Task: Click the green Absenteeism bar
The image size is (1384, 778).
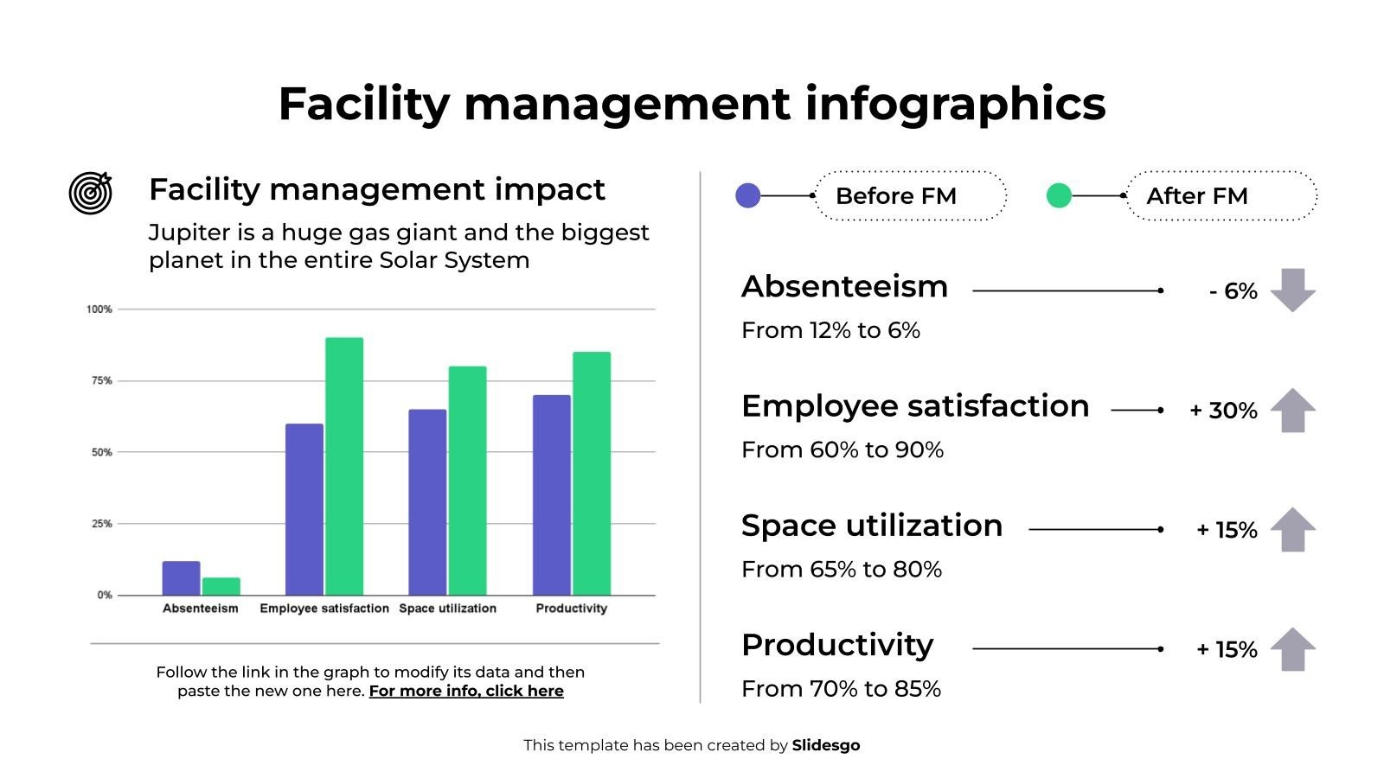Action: pyautogui.click(x=221, y=586)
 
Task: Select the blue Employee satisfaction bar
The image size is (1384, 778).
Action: pyautogui.click(x=304, y=509)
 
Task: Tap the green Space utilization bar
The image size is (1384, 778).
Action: pyautogui.click(x=467, y=481)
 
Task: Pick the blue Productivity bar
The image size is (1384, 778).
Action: pyautogui.click(x=551, y=494)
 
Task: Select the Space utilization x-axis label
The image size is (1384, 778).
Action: pyautogui.click(x=447, y=609)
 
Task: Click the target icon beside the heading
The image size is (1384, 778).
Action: pyautogui.click(x=91, y=193)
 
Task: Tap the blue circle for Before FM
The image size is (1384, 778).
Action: pyautogui.click(x=747, y=195)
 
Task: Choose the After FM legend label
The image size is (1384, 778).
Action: pyautogui.click(x=1196, y=196)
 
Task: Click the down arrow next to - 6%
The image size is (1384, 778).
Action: pyautogui.click(x=1292, y=290)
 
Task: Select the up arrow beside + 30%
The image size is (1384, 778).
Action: pyautogui.click(x=1292, y=410)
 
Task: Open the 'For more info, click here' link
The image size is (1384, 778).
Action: pyautogui.click(x=466, y=691)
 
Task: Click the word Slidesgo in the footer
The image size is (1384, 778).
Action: pyautogui.click(x=825, y=745)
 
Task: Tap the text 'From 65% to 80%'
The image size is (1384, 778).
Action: pyautogui.click(x=841, y=569)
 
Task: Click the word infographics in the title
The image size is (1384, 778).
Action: pyautogui.click(x=955, y=104)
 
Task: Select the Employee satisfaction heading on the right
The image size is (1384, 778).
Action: pyautogui.click(x=914, y=406)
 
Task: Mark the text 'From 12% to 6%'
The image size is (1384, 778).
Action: pyautogui.click(x=830, y=330)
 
